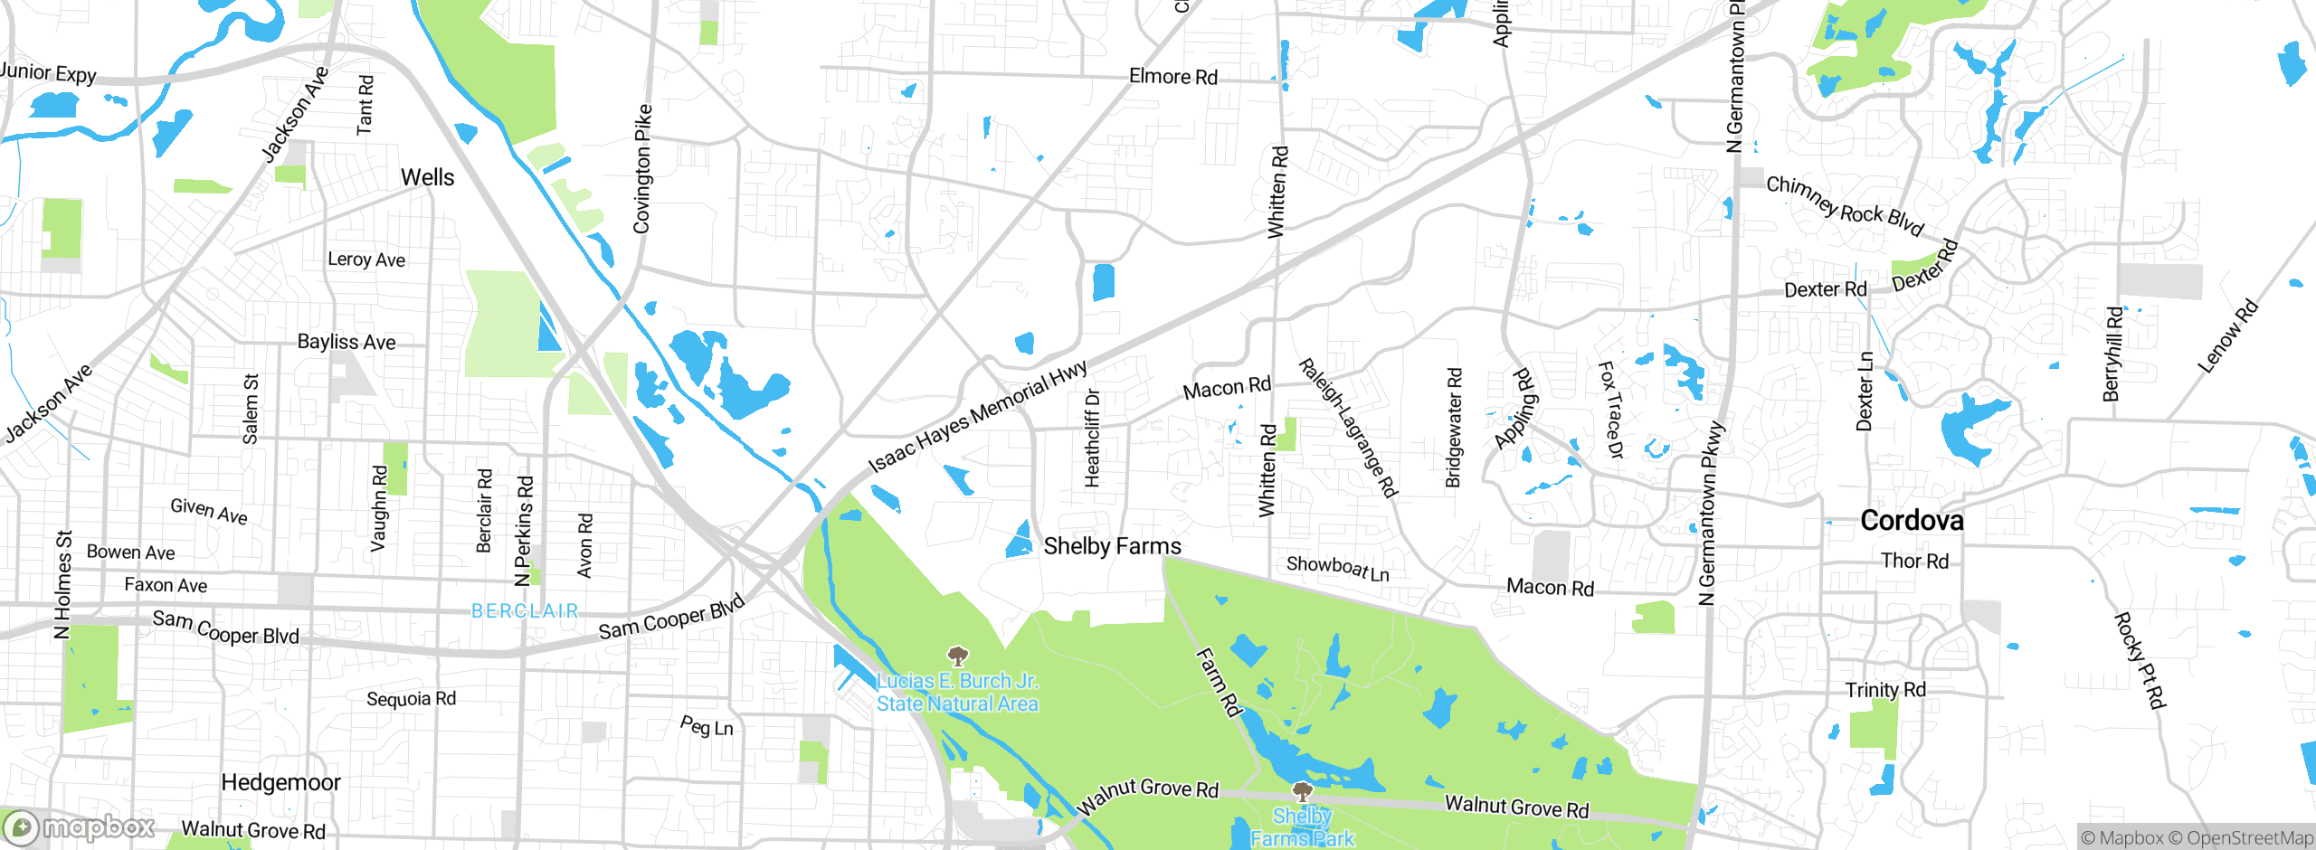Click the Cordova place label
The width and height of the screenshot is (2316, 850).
[1912, 521]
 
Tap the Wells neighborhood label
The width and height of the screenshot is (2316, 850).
[427, 177]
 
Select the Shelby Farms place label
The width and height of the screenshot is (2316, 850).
[1112, 546]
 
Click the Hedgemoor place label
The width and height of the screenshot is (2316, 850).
[280, 782]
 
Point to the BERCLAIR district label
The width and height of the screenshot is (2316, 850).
[525, 611]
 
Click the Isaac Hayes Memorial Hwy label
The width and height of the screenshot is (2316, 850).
[977, 417]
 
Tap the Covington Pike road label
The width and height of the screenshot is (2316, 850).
[642, 169]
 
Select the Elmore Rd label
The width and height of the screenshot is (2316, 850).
[1172, 77]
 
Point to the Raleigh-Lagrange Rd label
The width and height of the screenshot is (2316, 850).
[1348, 428]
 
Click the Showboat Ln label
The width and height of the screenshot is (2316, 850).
[1337, 568]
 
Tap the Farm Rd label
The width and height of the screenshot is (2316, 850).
[1219, 682]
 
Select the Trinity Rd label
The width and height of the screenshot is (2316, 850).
[1885, 690]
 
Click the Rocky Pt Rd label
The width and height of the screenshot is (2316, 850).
[2140, 660]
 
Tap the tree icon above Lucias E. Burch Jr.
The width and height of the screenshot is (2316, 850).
[957, 656]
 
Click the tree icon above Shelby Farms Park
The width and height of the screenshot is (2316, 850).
[1302, 793]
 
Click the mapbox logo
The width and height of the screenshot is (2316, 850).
[80, 826]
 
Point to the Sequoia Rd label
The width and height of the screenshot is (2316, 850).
[411, 699]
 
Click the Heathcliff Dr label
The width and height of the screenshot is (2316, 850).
[1093, 439]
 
